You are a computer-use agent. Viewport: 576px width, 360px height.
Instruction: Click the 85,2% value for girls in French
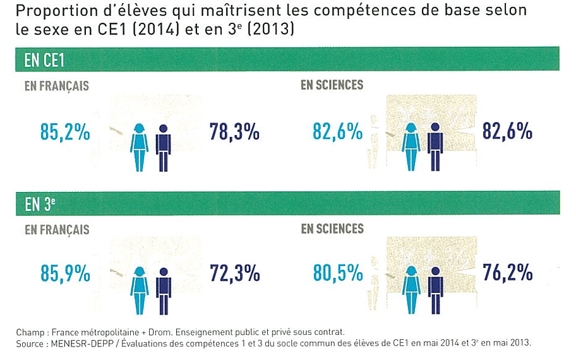(64, 133)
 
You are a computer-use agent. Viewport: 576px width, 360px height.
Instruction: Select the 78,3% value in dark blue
(234, 133)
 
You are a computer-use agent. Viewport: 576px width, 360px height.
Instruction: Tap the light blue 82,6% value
(337, 133)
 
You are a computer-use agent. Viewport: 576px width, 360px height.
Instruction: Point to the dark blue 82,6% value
(507, 133)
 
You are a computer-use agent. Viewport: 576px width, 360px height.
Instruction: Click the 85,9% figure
(64, 274)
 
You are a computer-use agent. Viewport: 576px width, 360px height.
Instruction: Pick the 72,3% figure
(234, 273)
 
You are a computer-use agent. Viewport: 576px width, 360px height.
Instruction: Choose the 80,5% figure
(337, 273)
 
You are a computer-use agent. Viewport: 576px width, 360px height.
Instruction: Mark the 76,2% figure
(507, 273)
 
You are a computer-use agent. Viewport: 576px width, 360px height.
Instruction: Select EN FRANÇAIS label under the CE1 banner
(57, 87)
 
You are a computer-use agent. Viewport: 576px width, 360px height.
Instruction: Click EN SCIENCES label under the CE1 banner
(332, 85)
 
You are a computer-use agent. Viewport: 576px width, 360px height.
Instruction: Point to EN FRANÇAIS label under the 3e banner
(57, 230)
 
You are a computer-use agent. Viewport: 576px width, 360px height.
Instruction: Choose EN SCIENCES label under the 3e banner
(332, 228)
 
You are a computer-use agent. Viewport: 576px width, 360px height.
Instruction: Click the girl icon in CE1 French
(139, 147)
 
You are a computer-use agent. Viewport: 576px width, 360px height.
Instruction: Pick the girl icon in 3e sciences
(411, 289)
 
